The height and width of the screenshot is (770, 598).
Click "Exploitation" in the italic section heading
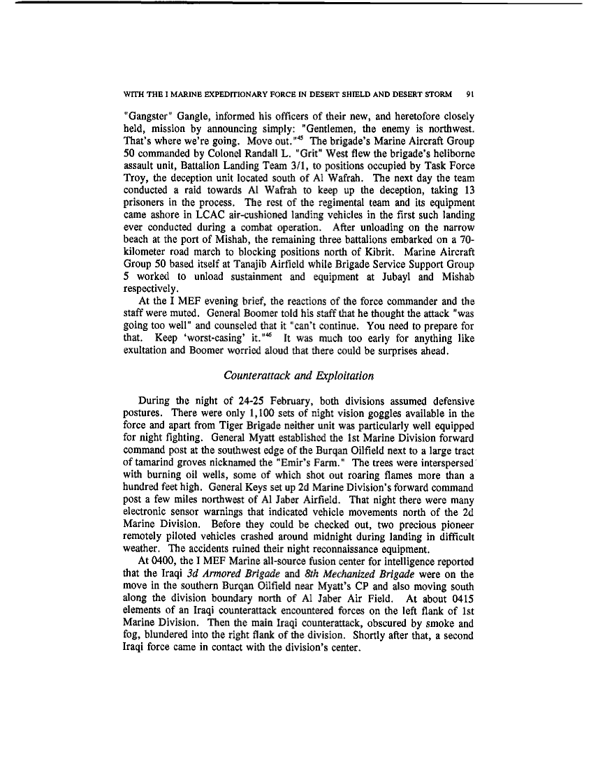pos(342,376)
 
